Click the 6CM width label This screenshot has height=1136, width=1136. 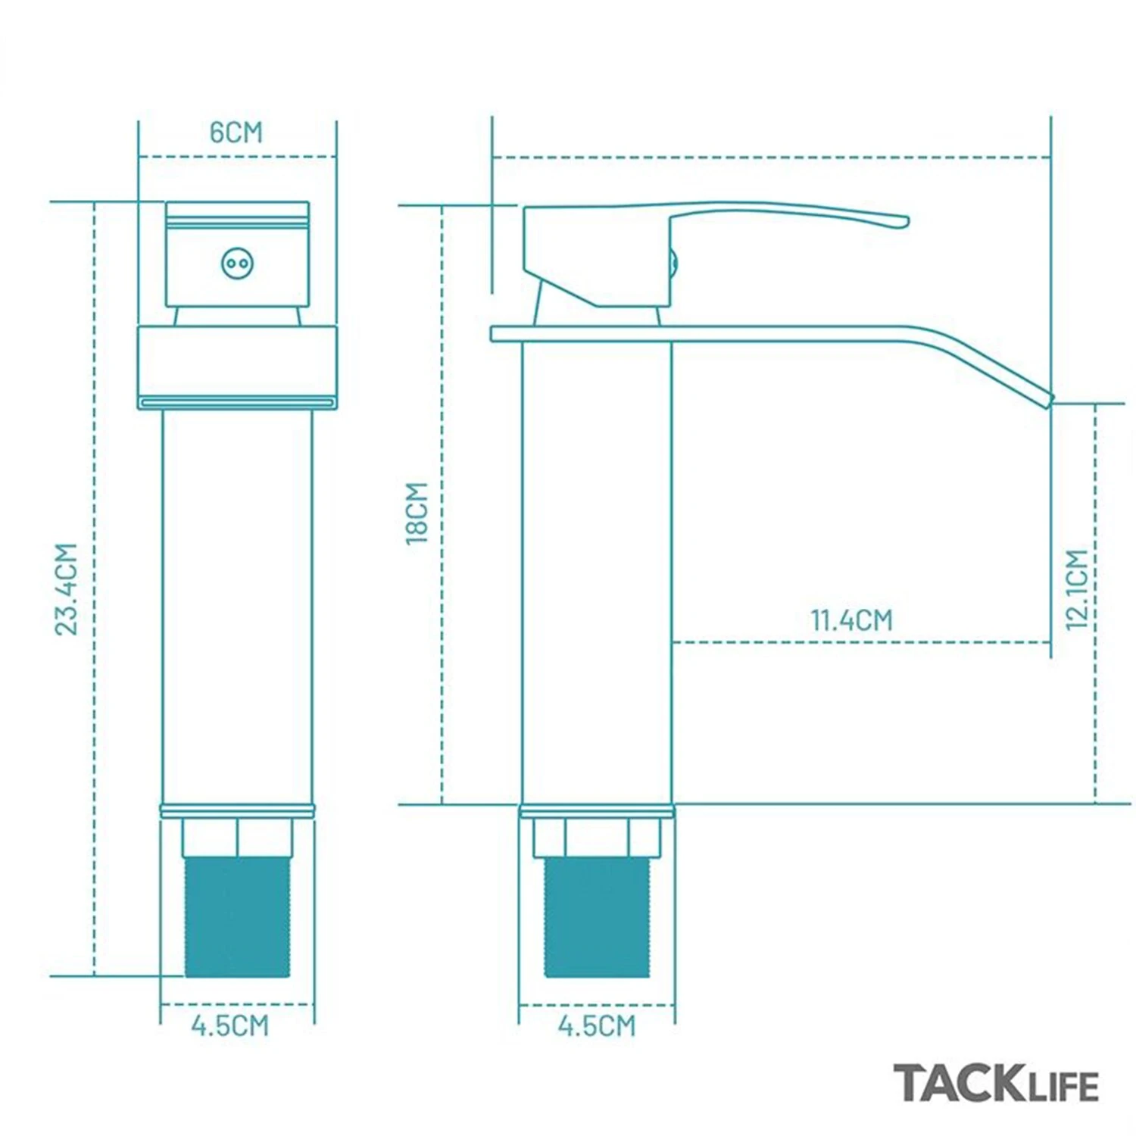click(236, 132)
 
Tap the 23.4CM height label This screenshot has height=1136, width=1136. click(67, 589)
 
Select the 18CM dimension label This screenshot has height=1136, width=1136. click(417, 513)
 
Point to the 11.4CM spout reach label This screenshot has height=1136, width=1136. click(852, 620)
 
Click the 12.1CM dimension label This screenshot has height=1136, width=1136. click(1076, 589)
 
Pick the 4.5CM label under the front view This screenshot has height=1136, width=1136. click(230, 1025)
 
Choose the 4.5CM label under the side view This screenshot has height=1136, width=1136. click(597, 1025)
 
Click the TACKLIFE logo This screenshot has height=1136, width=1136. click(995, 1083)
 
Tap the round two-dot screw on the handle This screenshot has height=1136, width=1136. click(237, 264)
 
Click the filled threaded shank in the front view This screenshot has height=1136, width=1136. click(237, 916)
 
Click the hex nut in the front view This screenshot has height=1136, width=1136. click(237, 837)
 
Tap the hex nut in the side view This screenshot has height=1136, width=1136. click(597, 837)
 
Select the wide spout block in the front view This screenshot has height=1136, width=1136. click(237, 365)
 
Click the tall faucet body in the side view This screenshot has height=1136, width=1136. click(597, 576)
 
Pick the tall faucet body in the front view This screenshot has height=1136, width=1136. click(237, 606)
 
